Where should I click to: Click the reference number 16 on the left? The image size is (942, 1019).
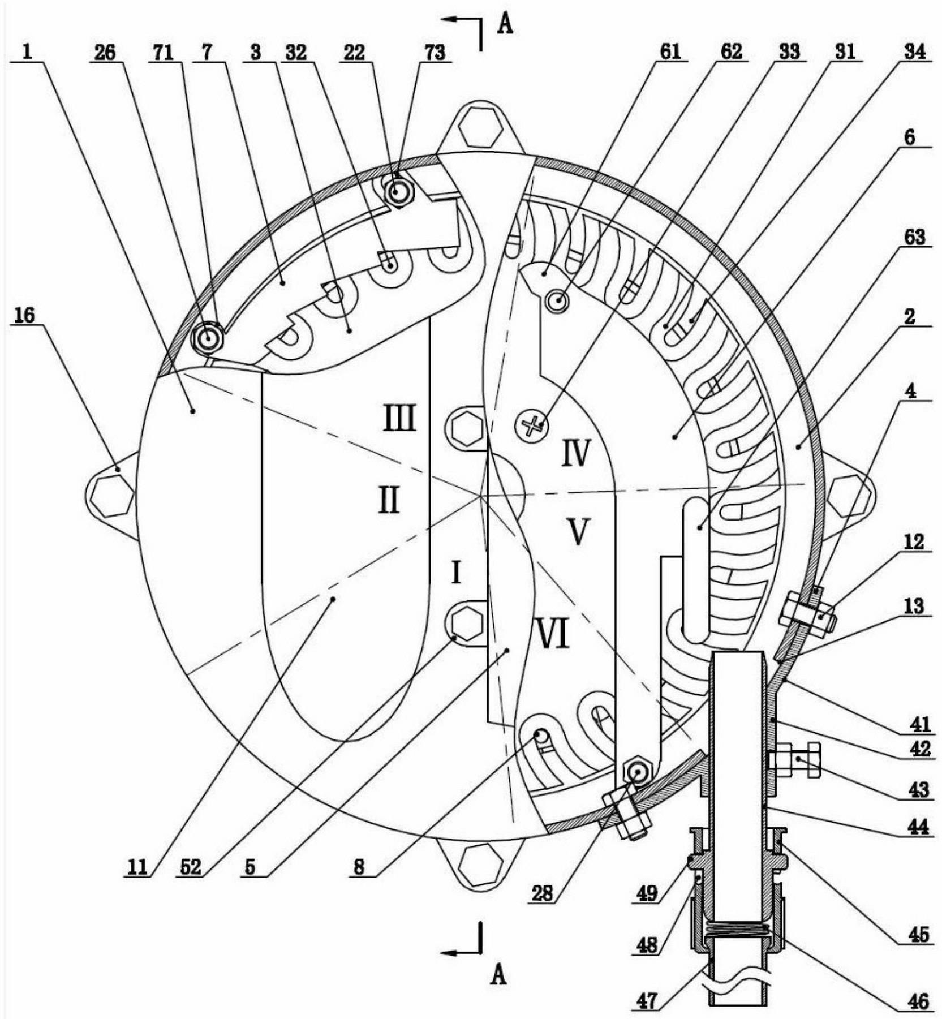pos(25,316)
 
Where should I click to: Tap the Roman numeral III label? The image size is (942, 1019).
pos(400,419)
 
